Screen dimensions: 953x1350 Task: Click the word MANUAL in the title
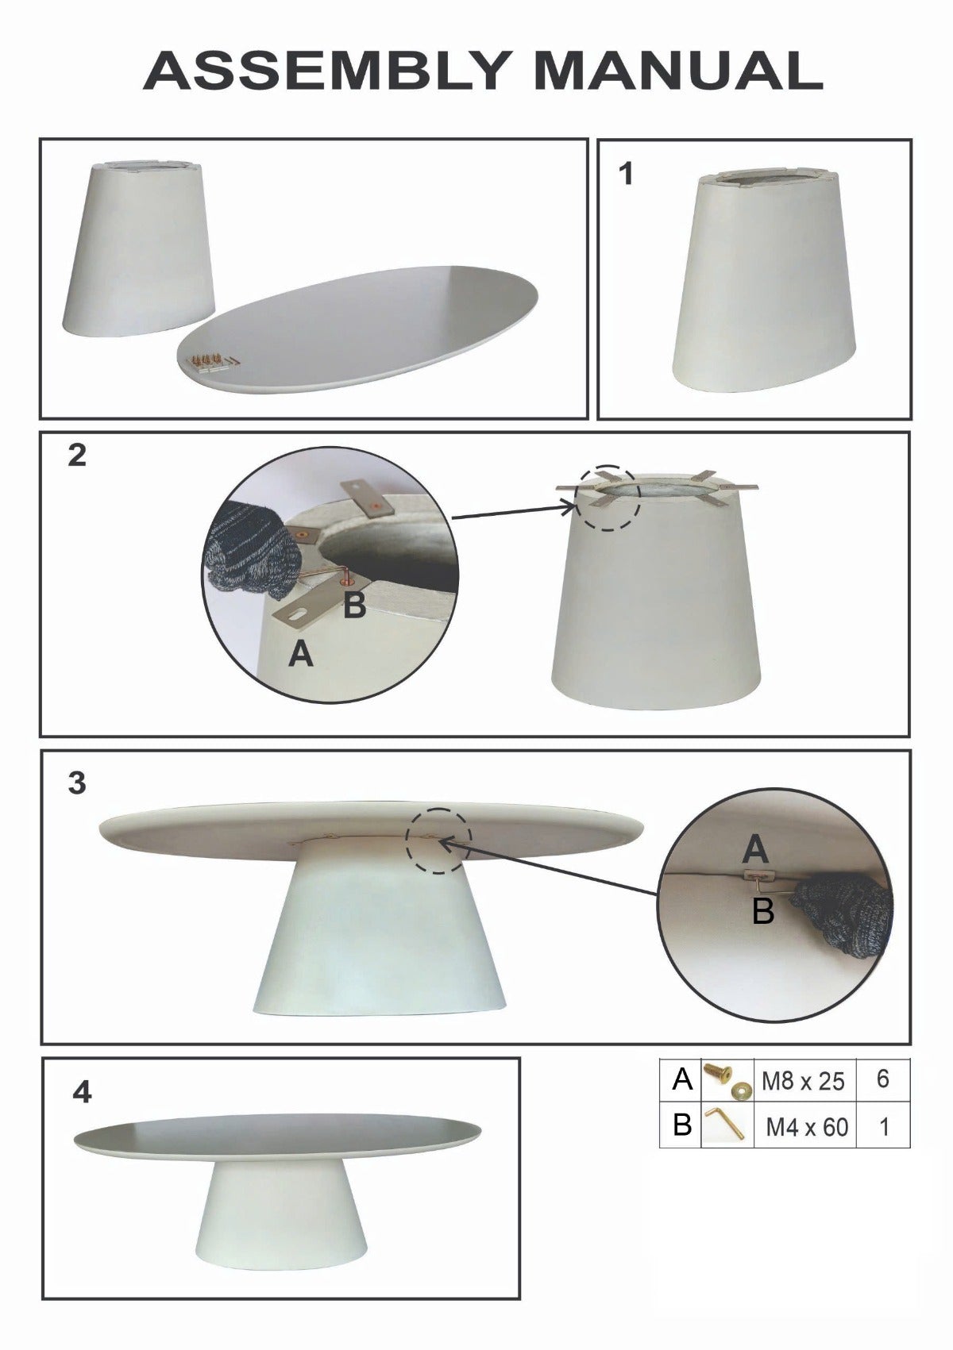tap(678, 71)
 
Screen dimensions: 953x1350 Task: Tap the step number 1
tap(627, 174)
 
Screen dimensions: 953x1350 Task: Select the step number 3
tap(77, 783)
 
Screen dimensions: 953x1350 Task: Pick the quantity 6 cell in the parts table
tap(883, 1079)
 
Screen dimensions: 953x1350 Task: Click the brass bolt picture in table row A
tap(726, 1079)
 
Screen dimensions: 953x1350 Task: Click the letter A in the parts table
tap(682, 1079)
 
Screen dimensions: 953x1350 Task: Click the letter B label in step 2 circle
tap(355, 604)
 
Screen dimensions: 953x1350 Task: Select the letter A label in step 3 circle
tap(755, 850)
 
